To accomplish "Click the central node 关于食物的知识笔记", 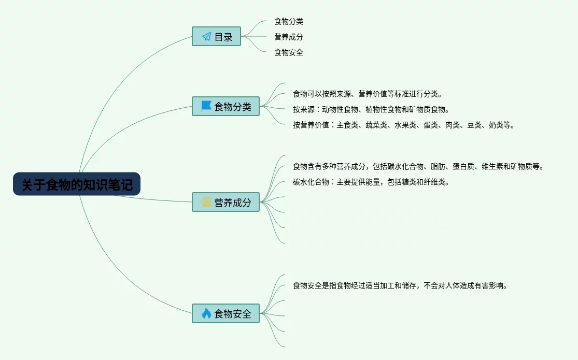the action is point(77,184).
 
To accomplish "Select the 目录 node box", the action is point(216,37).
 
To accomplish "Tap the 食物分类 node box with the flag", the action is point(225,106).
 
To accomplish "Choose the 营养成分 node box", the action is point(225,202).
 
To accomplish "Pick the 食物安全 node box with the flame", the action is point(225,313).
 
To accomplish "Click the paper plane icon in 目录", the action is point(206,37).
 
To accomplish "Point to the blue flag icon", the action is point(206,106).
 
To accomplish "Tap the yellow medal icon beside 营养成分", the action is point(206,202).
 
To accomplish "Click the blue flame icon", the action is point(206,313).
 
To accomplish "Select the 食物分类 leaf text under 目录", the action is point(289,21).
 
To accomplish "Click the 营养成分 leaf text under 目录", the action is point(289,37).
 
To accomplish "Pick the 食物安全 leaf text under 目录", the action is point(289,52).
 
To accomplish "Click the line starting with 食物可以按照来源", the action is point(368,94).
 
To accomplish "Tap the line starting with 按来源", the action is point(371,109).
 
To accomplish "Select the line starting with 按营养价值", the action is point(404,125).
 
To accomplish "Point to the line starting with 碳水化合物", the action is point(371,182).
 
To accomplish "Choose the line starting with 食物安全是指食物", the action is point(400,285).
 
